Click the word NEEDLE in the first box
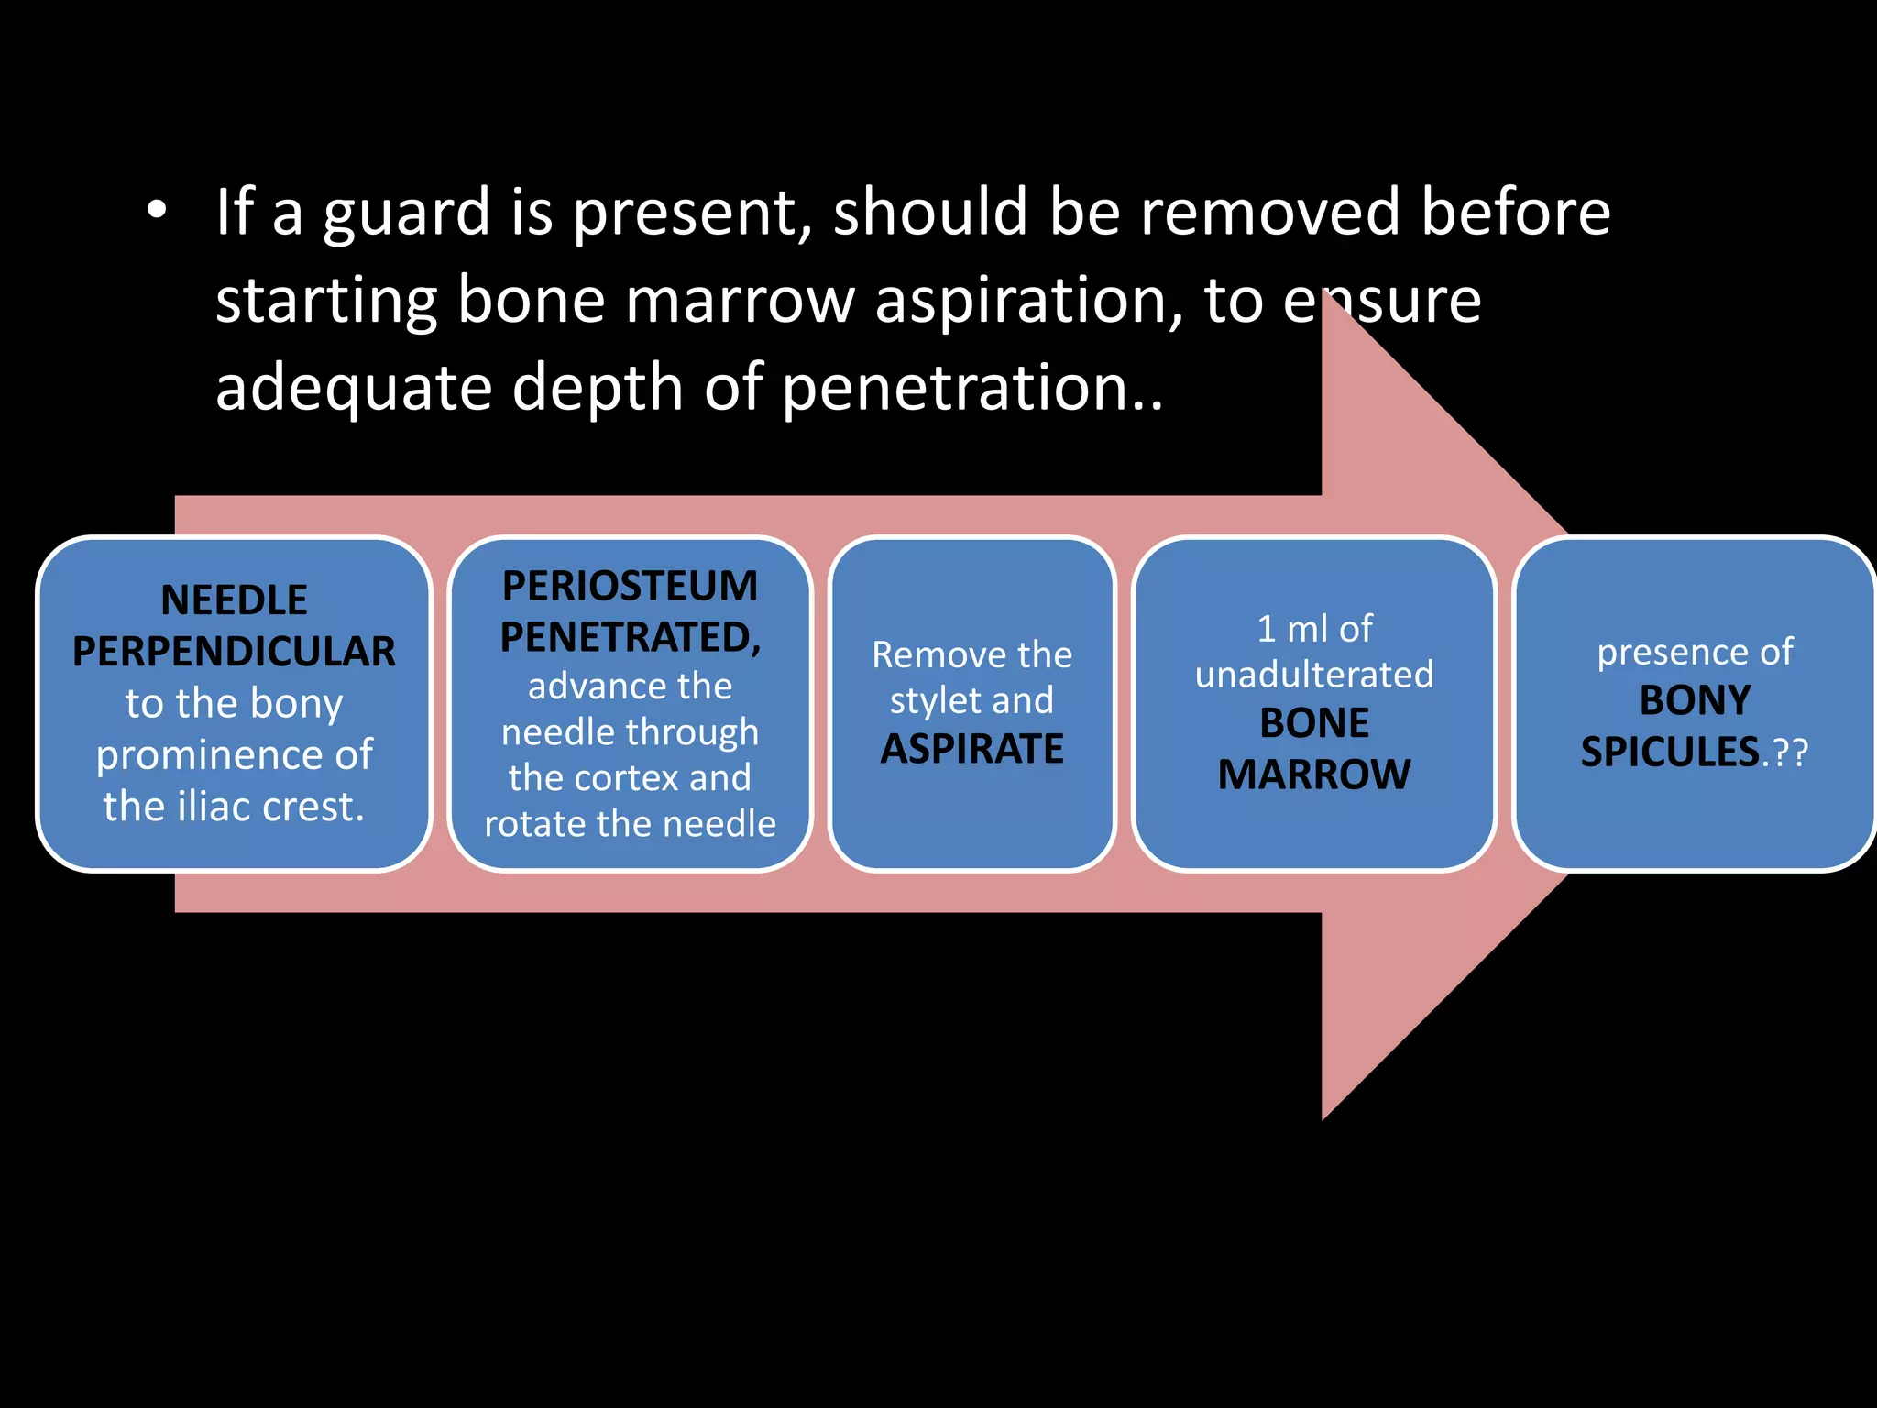tap(234, 600)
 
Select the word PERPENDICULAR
tap(234, 652)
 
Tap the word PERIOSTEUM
tap(630, 587)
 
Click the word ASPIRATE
tap(971, 749)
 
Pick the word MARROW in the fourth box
tap(1313, 775)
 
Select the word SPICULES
tap(1669, 752)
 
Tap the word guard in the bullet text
tap(406, 214)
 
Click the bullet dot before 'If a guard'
tap(157, 211)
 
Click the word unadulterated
tap(1313, 676)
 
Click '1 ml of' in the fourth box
tap(1313, 629)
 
